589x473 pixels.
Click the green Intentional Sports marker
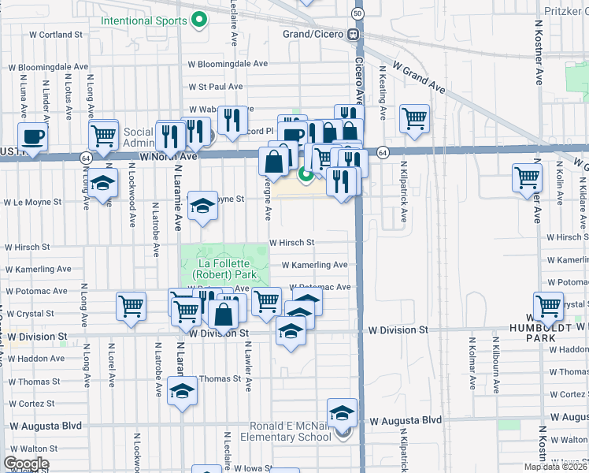coord(200,19)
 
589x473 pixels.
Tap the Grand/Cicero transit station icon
coord(356,34)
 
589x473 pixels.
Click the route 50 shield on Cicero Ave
coord(358,13)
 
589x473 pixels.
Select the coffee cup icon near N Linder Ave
coord(32,136)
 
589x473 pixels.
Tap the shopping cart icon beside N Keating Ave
coord(414,118)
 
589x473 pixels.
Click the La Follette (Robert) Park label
coord(225,270)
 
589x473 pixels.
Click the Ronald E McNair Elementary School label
coord(291,431)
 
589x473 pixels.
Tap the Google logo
coord(26,464)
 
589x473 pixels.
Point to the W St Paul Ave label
coord(216,87)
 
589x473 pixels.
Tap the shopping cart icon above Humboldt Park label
coord(548,306)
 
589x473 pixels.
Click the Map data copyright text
coord(556,467)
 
